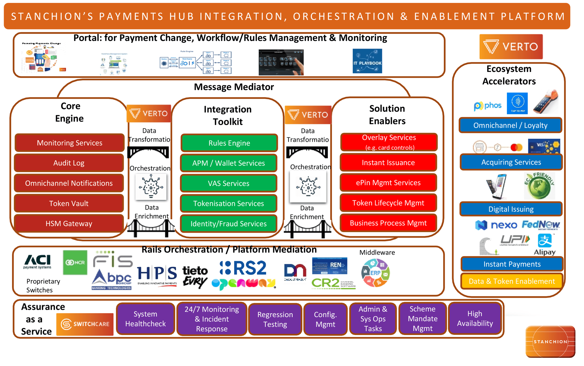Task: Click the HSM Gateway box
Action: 69,224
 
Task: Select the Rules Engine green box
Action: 229,143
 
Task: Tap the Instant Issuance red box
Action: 388,163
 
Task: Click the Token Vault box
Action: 69,203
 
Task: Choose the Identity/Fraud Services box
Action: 228,224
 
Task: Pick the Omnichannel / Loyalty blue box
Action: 510,125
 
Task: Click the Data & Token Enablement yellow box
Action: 512,281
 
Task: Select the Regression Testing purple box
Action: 275,319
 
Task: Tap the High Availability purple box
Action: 475,318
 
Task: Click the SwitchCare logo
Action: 85,324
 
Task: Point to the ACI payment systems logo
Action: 37,261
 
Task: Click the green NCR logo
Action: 75,262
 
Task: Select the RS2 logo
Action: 243,268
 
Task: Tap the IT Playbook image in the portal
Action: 367,61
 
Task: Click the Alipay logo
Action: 545,245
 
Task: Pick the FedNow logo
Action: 540,225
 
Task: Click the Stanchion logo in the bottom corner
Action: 550,341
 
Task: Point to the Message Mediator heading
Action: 234,87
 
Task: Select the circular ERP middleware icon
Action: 375,273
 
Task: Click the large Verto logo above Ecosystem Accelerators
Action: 511,47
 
